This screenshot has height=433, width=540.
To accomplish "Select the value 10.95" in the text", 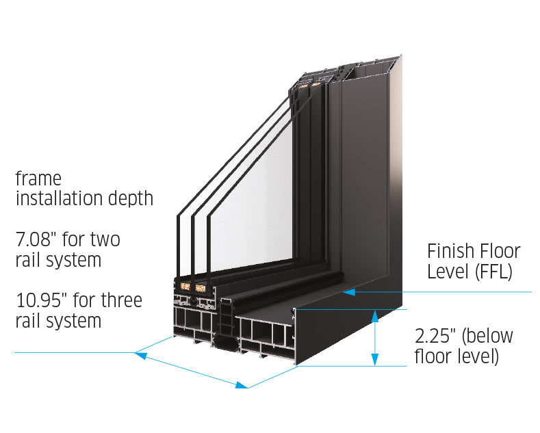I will click(43, 300).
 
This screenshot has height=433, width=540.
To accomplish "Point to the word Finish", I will click(450, 251).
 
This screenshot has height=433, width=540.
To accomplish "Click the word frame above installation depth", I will click(38, 179).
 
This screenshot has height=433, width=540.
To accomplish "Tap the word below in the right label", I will click(488, 336).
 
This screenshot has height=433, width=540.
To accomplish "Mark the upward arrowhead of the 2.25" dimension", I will click(374, 314).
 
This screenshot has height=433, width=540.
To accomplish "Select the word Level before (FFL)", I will click(447, 271).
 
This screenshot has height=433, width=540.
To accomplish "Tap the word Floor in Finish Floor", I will click(498, 251).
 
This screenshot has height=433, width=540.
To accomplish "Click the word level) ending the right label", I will click(477, 356).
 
